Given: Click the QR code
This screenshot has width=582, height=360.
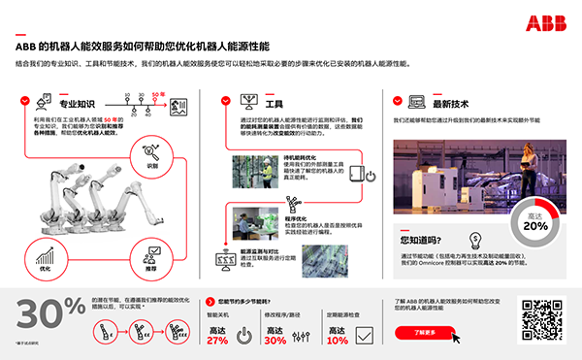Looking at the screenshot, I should click(x=540, y=318).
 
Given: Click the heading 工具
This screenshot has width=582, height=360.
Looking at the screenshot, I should click(x=274, y=102).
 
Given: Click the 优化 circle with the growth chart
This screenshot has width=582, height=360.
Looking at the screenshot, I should click(x=44, y=257).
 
